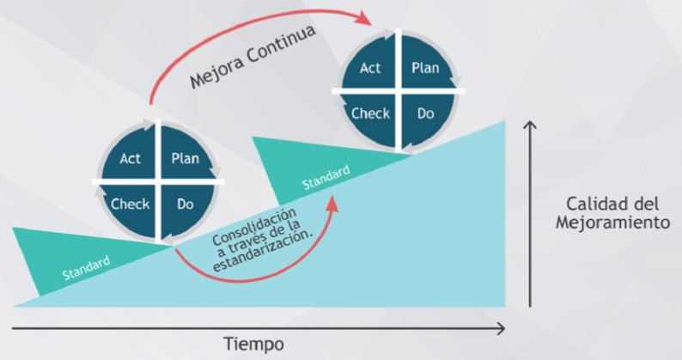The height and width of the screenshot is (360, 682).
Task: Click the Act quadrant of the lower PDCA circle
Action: [131, 159]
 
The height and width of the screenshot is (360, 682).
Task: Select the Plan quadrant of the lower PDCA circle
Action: [185, 159]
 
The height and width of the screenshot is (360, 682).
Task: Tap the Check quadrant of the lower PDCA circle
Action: [130, 204]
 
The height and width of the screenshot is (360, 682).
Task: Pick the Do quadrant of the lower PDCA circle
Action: [185, 204]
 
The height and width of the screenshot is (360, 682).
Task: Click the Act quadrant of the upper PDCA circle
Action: [370, 68]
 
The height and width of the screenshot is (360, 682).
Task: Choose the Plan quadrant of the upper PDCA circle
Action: [425, 68]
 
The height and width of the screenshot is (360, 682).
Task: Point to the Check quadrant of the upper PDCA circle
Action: [370, 113]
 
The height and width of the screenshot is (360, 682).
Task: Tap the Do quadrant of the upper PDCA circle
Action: [425, 113]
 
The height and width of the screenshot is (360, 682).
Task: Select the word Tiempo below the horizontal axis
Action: [253, 345]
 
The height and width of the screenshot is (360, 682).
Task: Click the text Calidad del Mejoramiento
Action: [612, 213]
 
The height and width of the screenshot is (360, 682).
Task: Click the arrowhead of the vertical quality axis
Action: [531, 126]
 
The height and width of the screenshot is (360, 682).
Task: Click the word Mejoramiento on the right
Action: [612, 223]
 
